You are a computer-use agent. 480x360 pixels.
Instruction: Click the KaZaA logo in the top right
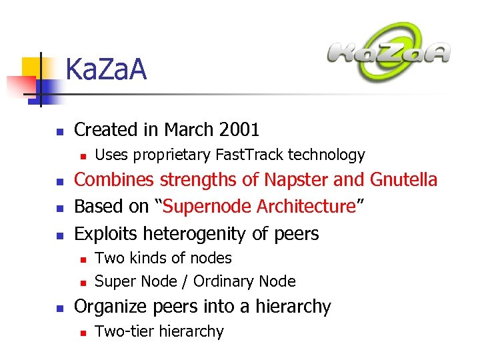[389, 53]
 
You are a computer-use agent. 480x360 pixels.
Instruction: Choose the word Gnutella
[404, 180]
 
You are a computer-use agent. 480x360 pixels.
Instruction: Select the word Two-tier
[123, 331]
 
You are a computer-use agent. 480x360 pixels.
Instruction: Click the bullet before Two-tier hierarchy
[83, 331]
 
